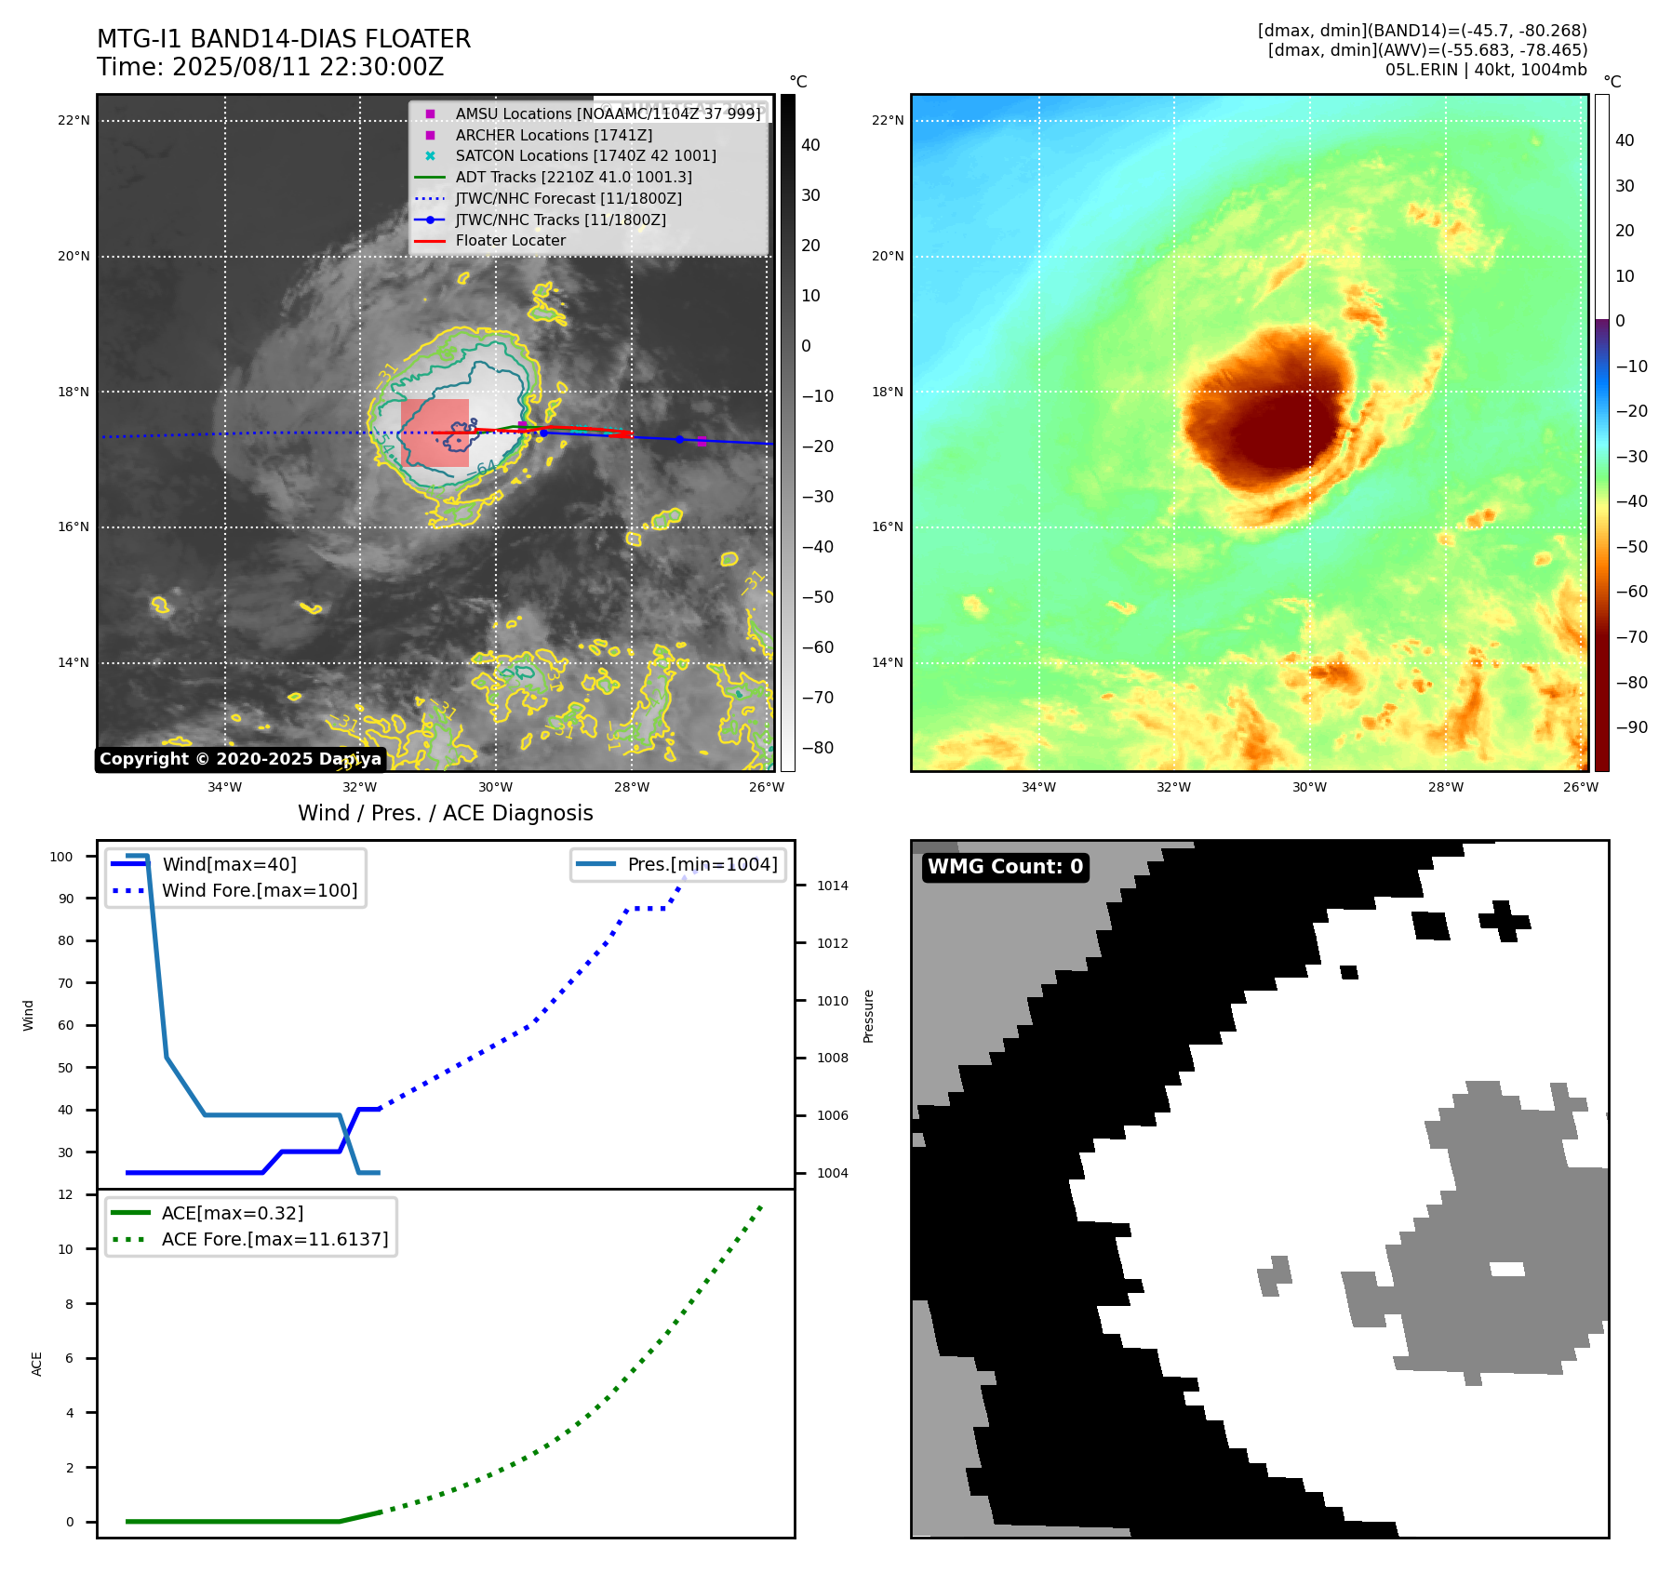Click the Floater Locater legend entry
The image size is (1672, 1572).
(510, 241)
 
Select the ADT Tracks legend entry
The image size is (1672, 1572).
(573, 177)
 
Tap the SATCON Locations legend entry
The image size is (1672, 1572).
(585, 156)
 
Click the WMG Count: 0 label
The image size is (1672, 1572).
(1005, 867)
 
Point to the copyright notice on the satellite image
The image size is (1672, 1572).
(240, 759)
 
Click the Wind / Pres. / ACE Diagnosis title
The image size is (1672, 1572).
(445, 813)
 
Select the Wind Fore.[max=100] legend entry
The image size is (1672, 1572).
(260, 890)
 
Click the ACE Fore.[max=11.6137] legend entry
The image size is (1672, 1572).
(274, 1239)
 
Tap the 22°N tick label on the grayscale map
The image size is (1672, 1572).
(74, 120)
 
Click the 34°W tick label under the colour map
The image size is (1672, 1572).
(1038, 787)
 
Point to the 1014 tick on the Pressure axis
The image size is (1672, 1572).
(832, 886)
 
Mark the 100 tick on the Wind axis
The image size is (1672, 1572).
(61, 857)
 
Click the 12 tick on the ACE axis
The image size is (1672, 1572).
(65, 1194)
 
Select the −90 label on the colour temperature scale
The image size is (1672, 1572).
(1631, 727)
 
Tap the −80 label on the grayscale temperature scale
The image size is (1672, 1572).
(818, 748)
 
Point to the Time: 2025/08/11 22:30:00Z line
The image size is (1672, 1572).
(270, 67)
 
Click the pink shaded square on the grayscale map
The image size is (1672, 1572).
(435, 433)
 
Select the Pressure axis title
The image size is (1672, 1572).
(868, 1016)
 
